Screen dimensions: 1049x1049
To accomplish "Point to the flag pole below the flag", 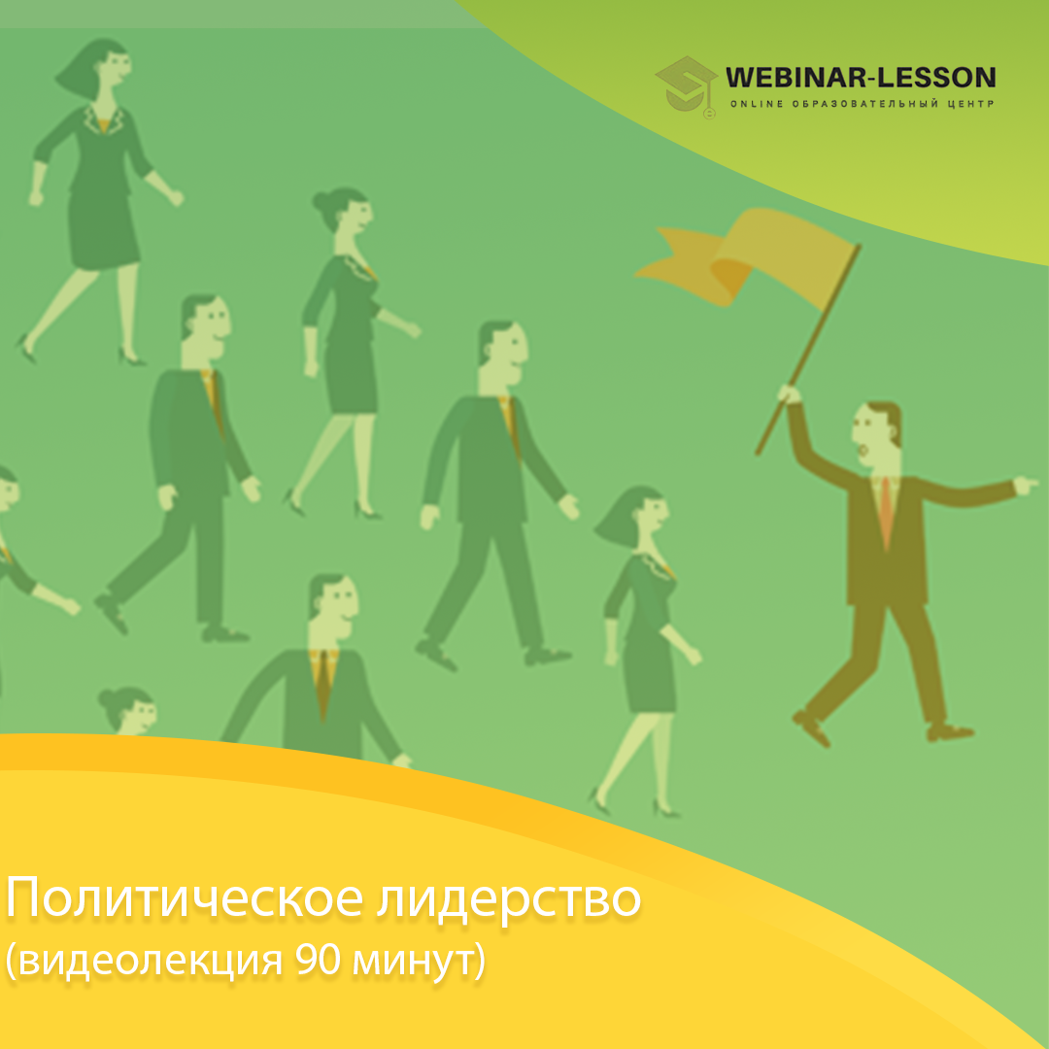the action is coord(806,354).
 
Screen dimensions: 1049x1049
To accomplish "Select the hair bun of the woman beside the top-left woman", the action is coord(322,202).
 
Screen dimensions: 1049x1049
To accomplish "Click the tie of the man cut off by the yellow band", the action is coord(323,684).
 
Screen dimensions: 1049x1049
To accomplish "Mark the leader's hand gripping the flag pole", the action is coord(790,394).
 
